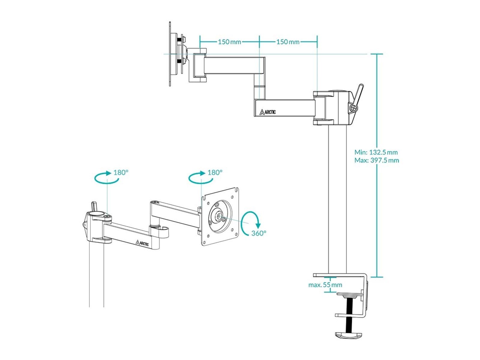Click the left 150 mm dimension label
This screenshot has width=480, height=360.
[x=229, y=42]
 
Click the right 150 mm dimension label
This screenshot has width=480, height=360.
[x=288, y=42]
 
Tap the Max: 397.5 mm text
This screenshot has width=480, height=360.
[x=376, y=160]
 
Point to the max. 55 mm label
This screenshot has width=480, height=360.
[x=325, y=285]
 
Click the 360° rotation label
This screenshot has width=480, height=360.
[x=259, y=233]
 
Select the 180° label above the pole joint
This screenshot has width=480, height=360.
[x=121, y=172]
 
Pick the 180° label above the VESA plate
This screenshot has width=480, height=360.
[x=215, y=172]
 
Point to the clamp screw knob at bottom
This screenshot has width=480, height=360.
[x=348, y=335]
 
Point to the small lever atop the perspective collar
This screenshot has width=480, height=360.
[x=94, y=206]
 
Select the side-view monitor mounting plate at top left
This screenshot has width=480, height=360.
[x=170, y=54]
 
